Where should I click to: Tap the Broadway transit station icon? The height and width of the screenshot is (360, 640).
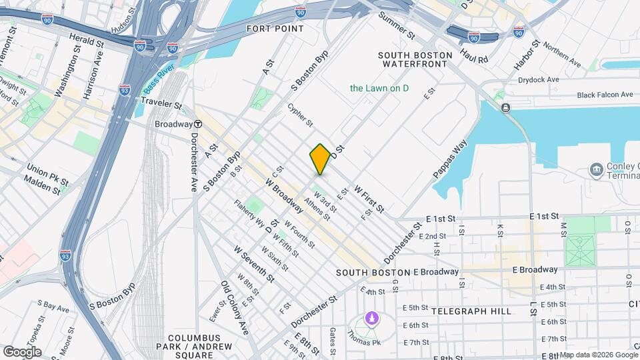point(198,125)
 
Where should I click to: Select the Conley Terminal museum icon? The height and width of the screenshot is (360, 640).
point(595,170)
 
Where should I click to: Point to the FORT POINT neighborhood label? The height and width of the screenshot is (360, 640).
point(275,29)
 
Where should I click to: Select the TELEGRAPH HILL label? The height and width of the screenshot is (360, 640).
point(471,311)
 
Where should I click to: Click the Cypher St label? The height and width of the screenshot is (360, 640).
point(300,114)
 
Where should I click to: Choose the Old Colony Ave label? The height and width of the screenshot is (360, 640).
point(235,307)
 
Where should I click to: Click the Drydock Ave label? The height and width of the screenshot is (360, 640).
point(539,79)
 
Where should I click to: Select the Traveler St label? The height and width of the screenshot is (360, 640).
point(161,104)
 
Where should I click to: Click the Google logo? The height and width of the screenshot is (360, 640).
point(21,351)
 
